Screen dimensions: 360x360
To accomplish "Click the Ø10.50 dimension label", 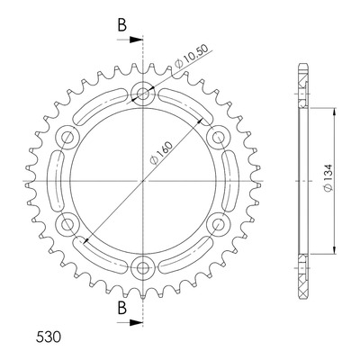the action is tap(192, 57).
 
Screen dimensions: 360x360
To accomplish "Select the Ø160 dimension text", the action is tap(162, 152).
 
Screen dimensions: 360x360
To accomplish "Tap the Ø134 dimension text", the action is tap(328, 178).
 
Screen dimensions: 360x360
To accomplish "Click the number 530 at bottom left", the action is tap(49, 337).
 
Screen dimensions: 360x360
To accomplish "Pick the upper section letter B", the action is tap(121, 25).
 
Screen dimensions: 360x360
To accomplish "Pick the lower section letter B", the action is tap(121, 308).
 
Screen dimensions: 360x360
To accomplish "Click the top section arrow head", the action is tap(136, 40).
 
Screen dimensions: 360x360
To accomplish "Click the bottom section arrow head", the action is tap(136, 322).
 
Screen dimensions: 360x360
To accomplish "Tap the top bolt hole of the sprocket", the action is tap(143, 94).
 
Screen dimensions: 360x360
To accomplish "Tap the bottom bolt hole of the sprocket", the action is tap(143, 268).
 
